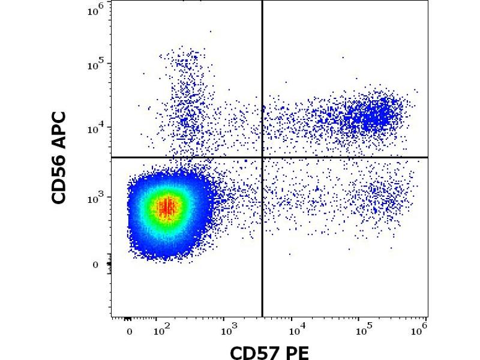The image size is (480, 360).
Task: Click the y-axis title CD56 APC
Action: (x=59, y=158)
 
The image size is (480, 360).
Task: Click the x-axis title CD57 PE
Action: (x=269, y=353)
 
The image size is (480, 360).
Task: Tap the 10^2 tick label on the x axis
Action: (x=160, y=330)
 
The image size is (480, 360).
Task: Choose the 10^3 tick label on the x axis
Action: (x=227, y=330)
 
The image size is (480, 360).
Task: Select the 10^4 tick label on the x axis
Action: (x=294, y=330)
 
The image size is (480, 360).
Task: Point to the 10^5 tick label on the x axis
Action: (x=361, y=330)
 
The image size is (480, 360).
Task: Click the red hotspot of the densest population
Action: (x=167, y=208)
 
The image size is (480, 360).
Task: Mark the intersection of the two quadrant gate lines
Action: (x=263, y=157)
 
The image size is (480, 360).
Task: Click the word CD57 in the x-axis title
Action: (x=255, y=353)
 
